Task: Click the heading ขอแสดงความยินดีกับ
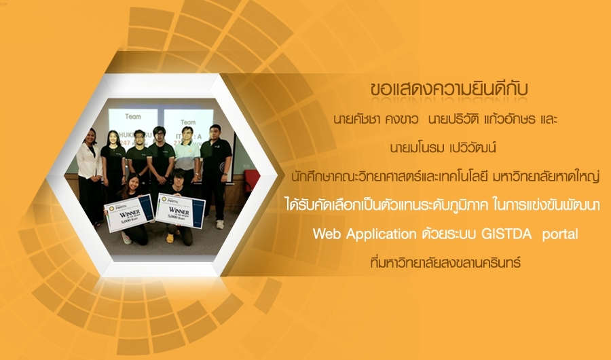[x=449, y=89]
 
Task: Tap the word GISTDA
[x=506, y=234]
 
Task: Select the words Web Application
[x=365, y=234]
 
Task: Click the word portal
[x=560, y=234]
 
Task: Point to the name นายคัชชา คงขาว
[x=376, y=120]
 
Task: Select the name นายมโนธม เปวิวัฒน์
[x=443, y=148]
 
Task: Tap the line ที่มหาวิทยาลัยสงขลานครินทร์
[x=445, y=262]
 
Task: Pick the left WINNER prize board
[x=128, y=213]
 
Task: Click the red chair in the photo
[x=249, y=181]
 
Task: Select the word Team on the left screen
[x=133, y=116]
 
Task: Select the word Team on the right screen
[x=188, y=122]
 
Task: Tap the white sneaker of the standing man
[x=220, y=224]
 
